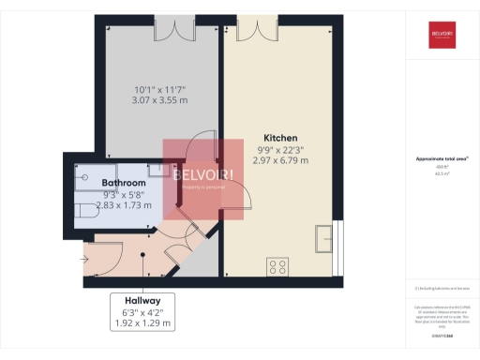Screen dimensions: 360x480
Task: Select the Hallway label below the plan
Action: point(142,301)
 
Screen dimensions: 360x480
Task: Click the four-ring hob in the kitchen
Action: point(278,266)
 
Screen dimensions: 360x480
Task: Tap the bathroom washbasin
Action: point(159,174)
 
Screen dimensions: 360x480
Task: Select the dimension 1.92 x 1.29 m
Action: point(142,323)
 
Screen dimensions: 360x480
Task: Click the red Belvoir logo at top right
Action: point(442,36)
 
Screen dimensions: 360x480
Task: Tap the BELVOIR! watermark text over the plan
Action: point(202,175)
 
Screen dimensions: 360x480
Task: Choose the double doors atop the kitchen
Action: point(251,26)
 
